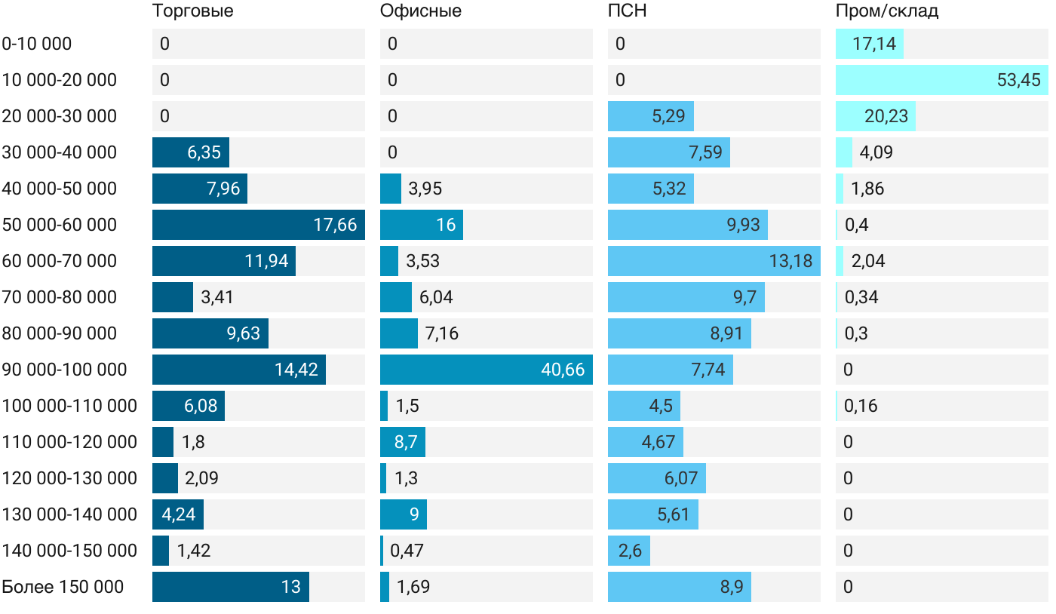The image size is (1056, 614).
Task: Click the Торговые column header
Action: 192,11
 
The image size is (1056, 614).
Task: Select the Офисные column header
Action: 420,11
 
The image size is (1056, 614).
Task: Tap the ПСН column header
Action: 628,11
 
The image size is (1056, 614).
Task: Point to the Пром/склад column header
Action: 886,11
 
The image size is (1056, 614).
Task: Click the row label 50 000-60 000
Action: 60,225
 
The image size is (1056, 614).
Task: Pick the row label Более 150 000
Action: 63,587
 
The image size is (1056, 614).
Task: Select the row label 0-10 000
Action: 37,44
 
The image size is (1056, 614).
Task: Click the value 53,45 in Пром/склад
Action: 1018,80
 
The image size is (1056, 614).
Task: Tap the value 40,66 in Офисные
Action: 563,370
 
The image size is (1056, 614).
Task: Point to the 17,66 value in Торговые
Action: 335,225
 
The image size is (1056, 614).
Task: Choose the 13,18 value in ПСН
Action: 790,261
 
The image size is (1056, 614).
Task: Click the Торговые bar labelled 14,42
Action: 239,370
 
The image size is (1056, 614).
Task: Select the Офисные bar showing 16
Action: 421,225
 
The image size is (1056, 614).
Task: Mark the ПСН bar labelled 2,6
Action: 629,551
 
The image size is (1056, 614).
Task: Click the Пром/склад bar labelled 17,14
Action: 869,44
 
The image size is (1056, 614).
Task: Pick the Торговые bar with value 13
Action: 231,587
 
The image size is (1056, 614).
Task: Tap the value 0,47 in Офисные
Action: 407,551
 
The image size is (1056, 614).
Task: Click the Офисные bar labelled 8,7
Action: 403,442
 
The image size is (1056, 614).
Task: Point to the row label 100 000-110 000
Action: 69,406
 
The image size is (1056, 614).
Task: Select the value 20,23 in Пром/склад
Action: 886,116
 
